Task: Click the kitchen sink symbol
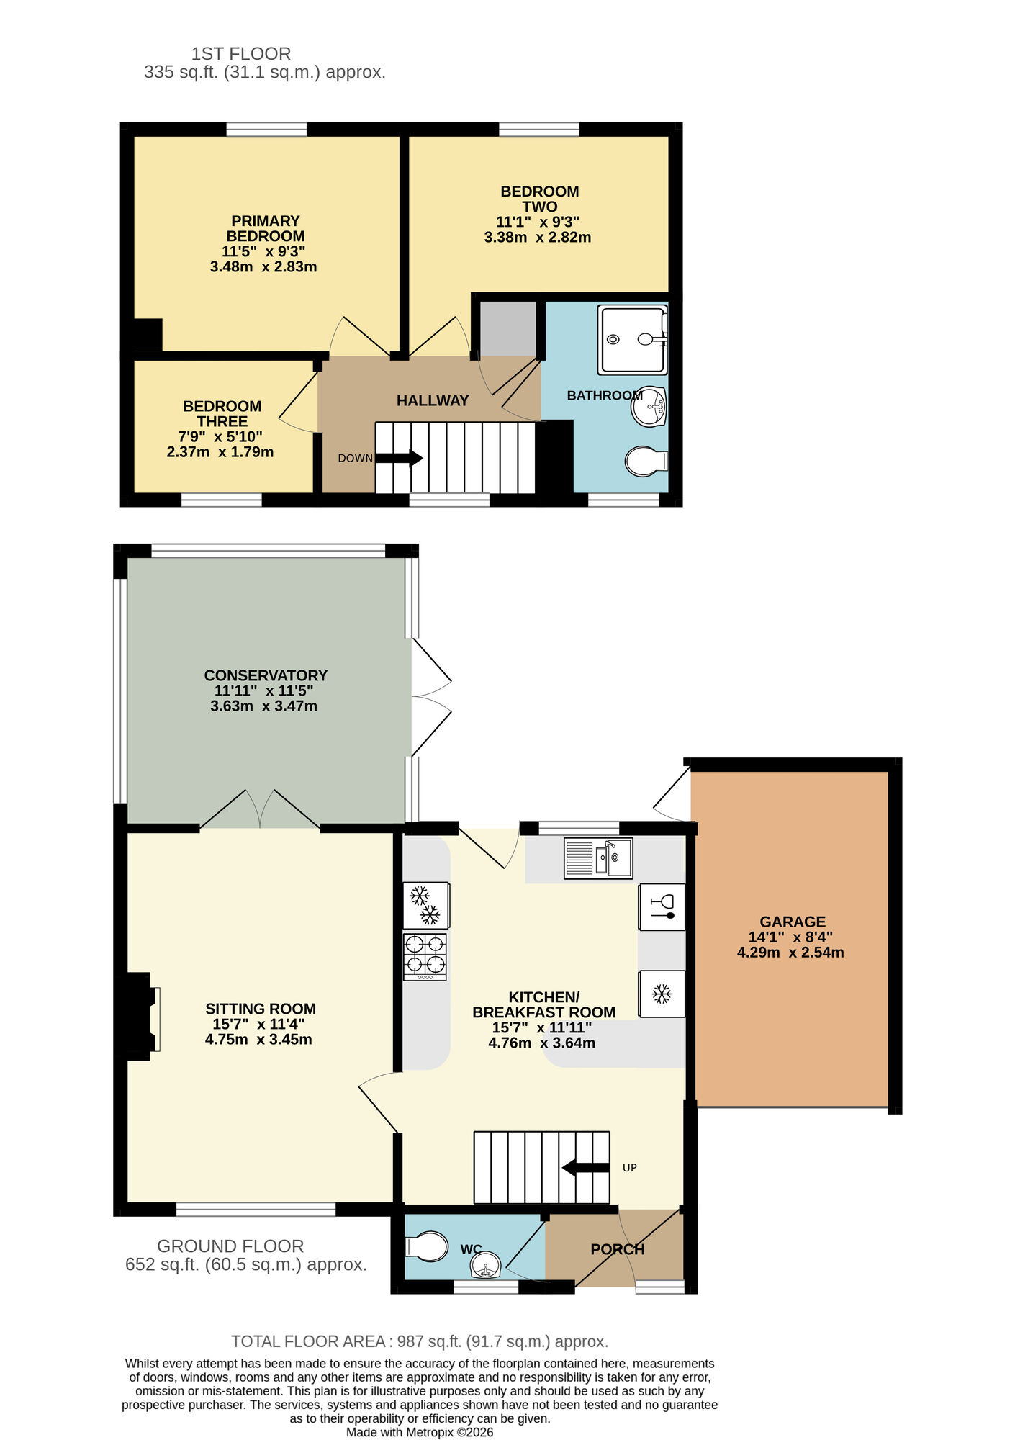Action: pos(597,858)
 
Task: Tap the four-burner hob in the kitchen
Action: pos(425,955)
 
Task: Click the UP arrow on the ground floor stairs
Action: pos(585,1167)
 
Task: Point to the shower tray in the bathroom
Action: pos(633,340)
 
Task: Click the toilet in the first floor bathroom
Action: pos(646,462)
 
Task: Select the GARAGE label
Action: pos(792,922)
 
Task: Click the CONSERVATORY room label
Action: pos(266,675)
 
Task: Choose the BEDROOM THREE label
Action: pos(222,414)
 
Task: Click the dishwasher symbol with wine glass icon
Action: pos(661,907)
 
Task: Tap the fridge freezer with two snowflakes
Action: pos(425,905)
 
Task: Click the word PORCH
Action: pos(617,1249)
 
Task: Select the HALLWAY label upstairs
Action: pos(432,401)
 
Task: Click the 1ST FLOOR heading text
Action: pos(241,54)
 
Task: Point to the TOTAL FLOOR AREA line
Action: pos(419,1341)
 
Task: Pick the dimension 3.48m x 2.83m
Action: pos(263,267)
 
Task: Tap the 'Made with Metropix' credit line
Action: pos(419,1432)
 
